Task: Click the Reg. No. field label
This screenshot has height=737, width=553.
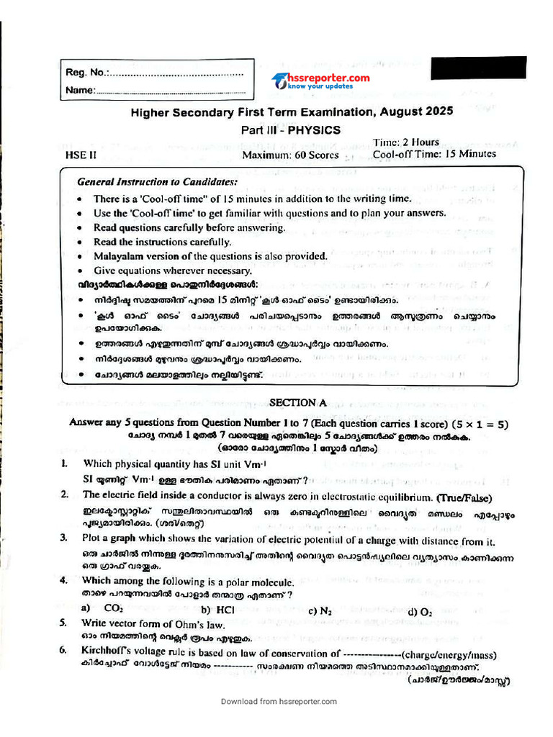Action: [86, 73]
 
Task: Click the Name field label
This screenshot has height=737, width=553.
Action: [80, 91]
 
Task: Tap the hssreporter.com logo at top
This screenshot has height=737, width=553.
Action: [321, 81]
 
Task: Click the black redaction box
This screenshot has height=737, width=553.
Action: [478, 68]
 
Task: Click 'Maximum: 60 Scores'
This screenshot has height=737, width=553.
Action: [290, 155]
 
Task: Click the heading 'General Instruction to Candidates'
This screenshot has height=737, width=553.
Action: [157, 182]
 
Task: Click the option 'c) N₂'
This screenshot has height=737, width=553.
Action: [320, 611]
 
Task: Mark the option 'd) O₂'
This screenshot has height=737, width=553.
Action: [420, 612]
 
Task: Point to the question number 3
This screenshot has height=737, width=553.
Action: [63, 538]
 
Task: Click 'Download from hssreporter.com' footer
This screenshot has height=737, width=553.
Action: [278, 701]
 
